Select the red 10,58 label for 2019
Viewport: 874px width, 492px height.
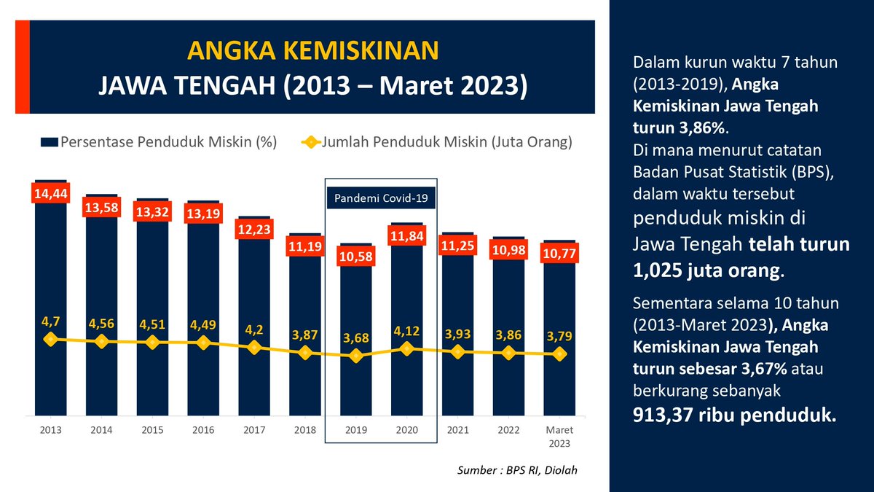(x=355, y=257)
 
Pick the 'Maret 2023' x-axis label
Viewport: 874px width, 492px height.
(x=559, y=437)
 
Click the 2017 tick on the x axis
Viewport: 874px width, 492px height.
(x=253, y=431)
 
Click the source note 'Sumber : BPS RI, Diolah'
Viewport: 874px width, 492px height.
(x=521, y=471)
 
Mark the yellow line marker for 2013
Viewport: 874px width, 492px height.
(x=50, y=339)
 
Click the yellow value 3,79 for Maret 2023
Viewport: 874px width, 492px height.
(x=559, y=336)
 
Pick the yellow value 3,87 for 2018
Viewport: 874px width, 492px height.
(x=304, y=334)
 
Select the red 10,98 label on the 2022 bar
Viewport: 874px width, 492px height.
(x=508, y=250)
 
